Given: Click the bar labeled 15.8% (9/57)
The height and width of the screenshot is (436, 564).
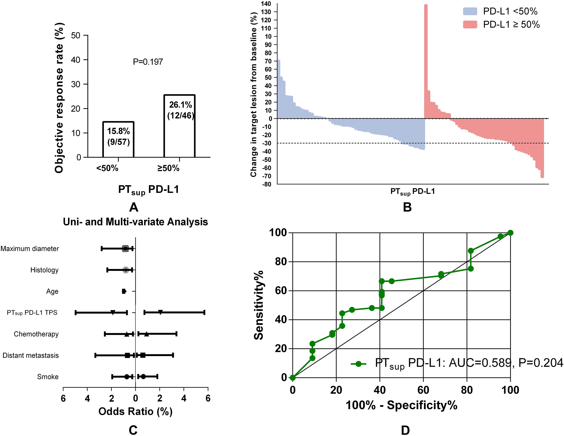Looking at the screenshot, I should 118,139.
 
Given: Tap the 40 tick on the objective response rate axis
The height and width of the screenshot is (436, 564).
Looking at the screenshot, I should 76,60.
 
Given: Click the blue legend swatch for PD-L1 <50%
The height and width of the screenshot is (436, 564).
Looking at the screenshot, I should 470,11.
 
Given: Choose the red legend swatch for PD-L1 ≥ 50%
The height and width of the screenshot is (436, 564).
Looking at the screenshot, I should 470,24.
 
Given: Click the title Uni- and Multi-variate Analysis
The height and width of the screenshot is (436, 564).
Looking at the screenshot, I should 135,222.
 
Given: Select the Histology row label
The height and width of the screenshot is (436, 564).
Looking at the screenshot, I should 44,270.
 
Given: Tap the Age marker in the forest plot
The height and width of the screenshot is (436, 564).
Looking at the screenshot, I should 124,291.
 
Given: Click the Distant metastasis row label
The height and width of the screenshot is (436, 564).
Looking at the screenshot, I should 31,355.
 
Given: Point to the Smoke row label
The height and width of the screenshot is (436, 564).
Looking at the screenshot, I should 48,377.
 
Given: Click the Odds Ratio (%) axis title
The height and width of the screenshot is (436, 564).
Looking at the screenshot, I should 135,411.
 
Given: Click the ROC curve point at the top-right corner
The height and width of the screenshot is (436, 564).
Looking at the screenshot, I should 510,233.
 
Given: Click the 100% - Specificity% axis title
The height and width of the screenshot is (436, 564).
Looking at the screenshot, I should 401,405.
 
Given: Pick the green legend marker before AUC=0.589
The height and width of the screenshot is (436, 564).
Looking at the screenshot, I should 358,364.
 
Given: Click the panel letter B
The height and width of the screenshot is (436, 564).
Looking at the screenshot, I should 407,207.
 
